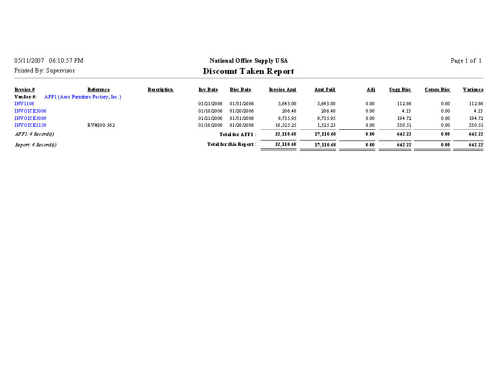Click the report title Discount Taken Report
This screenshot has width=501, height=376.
tap(249, 71)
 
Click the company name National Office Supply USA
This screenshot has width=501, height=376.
tap(249, 61)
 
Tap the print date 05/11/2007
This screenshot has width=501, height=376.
tap(29, 61)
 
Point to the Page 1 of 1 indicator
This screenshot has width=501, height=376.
tap(466, 61)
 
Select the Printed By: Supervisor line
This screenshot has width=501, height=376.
tap(45, 71)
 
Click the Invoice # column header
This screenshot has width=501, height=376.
tap(24, 90)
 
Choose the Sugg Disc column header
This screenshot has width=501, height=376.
tap(400, 90)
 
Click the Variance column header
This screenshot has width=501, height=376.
tap(473, 90)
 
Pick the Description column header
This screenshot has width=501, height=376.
tap(160, 90)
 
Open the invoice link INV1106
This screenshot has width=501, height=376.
tap(24, 104)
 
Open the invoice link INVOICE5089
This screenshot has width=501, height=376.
tap(30, 118)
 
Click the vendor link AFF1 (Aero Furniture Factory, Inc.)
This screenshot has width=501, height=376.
tap(83, 97)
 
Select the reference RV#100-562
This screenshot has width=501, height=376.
tap(101, 125)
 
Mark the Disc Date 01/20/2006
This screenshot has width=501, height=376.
tap(242, 111)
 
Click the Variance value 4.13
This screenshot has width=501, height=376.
tap(478, 111)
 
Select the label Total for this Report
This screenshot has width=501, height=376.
tap(231, 144)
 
